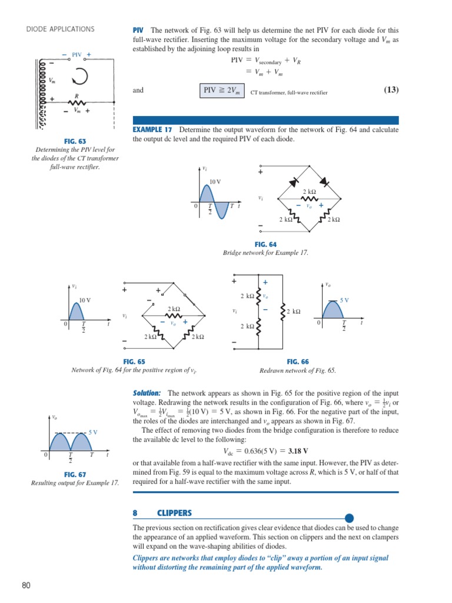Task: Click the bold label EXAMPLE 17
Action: click(x=152, y=130)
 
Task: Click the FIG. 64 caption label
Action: click(x=265, y=244)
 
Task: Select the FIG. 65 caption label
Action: click(x=134, y=362)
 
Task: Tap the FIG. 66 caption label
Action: click(x=298, y=362)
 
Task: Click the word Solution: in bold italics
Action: click(x=147, y=393)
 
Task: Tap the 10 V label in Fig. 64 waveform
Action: click(x=215, y=181)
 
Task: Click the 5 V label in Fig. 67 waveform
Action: click(x=93, y=432)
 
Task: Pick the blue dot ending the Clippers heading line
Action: click(x=349, y=518)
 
